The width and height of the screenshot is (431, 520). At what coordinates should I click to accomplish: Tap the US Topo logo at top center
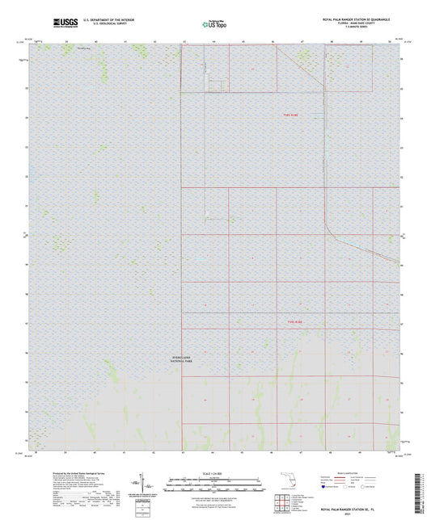pyautogui.click(x=214, y=24)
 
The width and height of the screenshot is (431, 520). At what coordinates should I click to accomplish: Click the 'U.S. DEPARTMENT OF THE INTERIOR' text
pyautogui.click(x=112, y=19)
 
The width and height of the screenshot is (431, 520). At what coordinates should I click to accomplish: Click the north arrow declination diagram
pyautogui.click(x=150, y=484)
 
